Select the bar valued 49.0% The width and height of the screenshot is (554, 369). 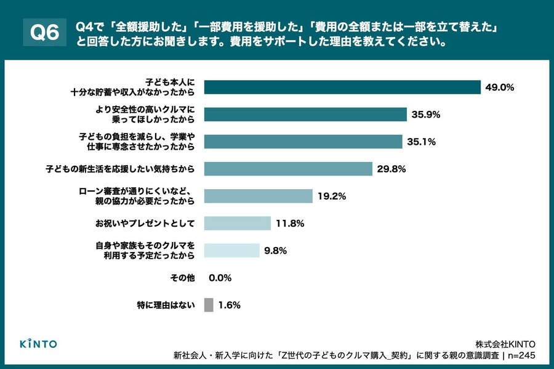pyautogui.click(x=342, y=87)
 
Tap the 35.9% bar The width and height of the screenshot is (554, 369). pyautogui.click(x=305, y=115)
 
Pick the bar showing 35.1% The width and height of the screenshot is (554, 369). pyautogui.click(x=303, y=142)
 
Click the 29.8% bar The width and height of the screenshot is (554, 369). pyautogui.click(x=288, y=169)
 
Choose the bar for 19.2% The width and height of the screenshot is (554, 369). pyautogui.click(x=258, y=196)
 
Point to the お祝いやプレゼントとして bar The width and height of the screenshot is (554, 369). pyautogui.click(x=237, y=223)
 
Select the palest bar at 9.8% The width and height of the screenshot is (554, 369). pyautogui.click(x=231, y=250)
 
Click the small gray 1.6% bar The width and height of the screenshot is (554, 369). pyautogui.click(x=208, y=304)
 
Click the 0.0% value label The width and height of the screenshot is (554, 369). pyautogui.click(x=220, y=278)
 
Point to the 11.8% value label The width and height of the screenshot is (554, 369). pyautogui.click(x=289, y=224)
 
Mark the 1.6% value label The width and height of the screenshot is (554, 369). pyautogui.click(x=229, y=305)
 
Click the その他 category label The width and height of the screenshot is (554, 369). pyautogui.click(x=182, y=278)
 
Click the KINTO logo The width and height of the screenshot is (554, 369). pyautogui.click(x=38, y=343)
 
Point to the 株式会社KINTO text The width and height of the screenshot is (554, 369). pyautogui.click(x=505, y=343)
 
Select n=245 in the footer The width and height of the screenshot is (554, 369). pyautogui.click(x=521, y=355)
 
